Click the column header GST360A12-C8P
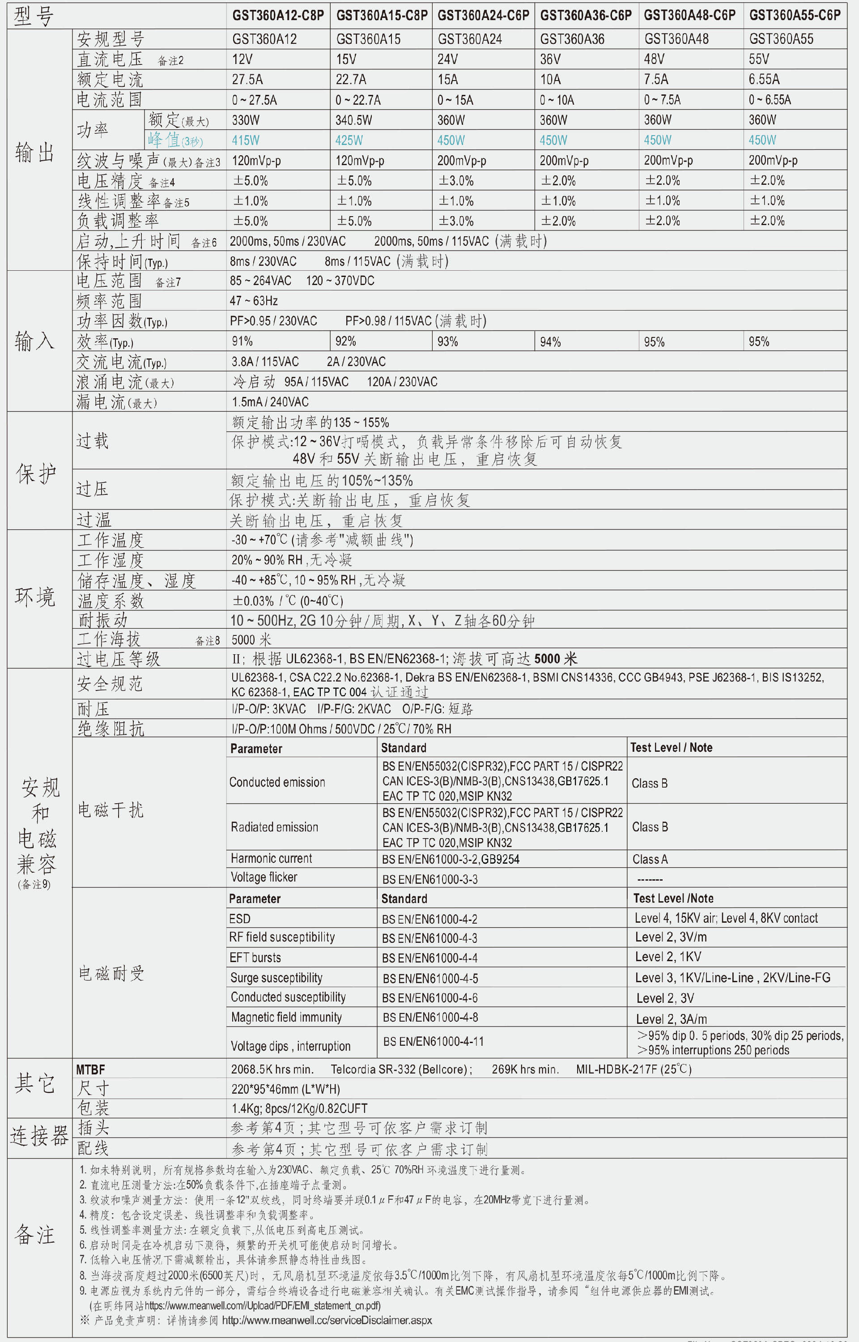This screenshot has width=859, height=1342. [278, 16]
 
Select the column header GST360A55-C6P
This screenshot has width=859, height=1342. [794, 16]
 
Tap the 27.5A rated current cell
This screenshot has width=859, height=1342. [247, 80]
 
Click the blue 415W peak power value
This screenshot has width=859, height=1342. [246, 140]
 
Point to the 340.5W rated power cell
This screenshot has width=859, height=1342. [353, 120]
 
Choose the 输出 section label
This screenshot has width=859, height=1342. [34, 152]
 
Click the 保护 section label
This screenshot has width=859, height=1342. [36, 473]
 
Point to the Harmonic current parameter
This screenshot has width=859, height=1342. [271, 858]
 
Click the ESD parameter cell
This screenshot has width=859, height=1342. [240, 919]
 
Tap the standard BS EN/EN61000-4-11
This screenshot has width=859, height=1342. [434, 1041]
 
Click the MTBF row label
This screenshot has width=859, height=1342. [90, 1069]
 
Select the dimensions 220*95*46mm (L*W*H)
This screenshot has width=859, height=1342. [285, 1089]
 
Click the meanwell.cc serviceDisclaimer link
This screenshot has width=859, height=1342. [327, 1320]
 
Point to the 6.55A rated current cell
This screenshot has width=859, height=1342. [764, 80]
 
